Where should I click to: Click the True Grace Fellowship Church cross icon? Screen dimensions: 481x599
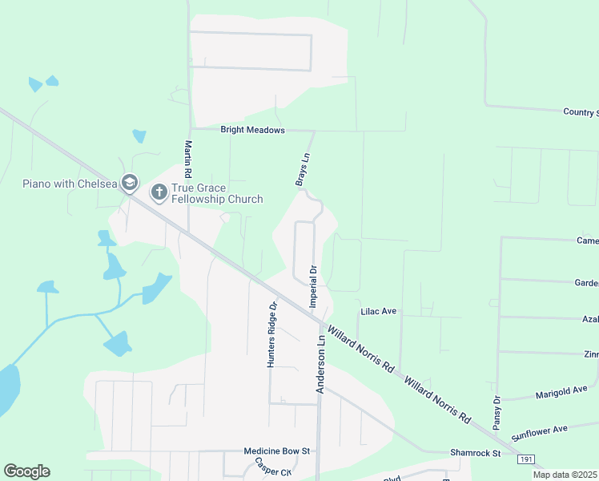pos(159,192)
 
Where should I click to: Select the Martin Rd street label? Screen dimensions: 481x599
pos(187,160)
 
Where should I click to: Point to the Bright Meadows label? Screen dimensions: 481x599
pos(252,130)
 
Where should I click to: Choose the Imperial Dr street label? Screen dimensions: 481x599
pos(313,286)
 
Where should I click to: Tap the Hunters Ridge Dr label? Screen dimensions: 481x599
pos(272,334)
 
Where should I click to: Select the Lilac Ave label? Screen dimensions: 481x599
pos(379,311)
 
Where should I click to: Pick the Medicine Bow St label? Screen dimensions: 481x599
pos(277,451)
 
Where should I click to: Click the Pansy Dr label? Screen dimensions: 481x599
pos(497,410)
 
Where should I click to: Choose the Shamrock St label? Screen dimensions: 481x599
pos(475,453)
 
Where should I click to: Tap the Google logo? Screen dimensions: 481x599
pos(26,471)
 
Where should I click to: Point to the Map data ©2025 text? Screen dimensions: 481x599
pos(565,475)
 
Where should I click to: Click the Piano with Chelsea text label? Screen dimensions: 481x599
pos(70,184)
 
